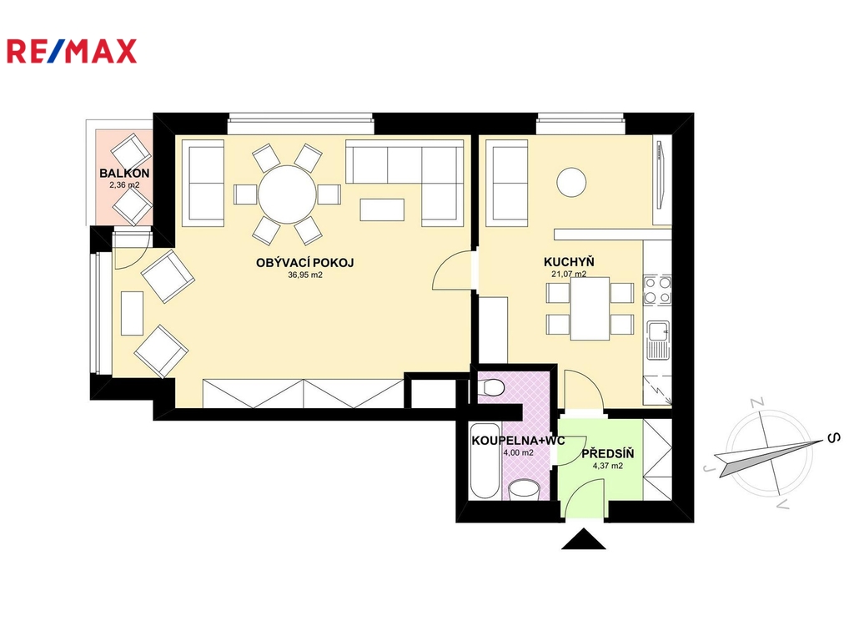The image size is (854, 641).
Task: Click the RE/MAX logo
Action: click(72, 51)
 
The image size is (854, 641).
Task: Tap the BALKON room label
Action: click(124, 174)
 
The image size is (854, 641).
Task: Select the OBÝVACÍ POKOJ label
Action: click(305, 263)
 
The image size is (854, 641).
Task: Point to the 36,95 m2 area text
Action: click(305, 275)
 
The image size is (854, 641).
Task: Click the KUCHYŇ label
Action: click(569, 262)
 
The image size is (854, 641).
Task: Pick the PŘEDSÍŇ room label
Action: click(608, 453)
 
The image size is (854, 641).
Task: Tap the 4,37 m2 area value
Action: click(608, 466)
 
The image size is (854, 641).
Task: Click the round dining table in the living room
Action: click(287, 194)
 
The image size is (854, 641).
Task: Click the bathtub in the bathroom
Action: click(484, 461)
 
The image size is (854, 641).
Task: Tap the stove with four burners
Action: click(657, 290)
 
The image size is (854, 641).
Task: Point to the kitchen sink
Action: click(659, 340)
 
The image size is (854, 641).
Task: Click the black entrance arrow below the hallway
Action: click(584, 538)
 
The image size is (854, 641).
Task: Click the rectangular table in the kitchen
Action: click(590, 309)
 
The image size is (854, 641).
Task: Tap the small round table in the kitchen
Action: click(571, 182)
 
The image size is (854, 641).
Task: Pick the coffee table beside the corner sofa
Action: click(382, 209)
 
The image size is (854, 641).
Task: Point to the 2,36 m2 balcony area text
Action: click(124, 185)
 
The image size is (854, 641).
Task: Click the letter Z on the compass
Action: click(756, 403)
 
